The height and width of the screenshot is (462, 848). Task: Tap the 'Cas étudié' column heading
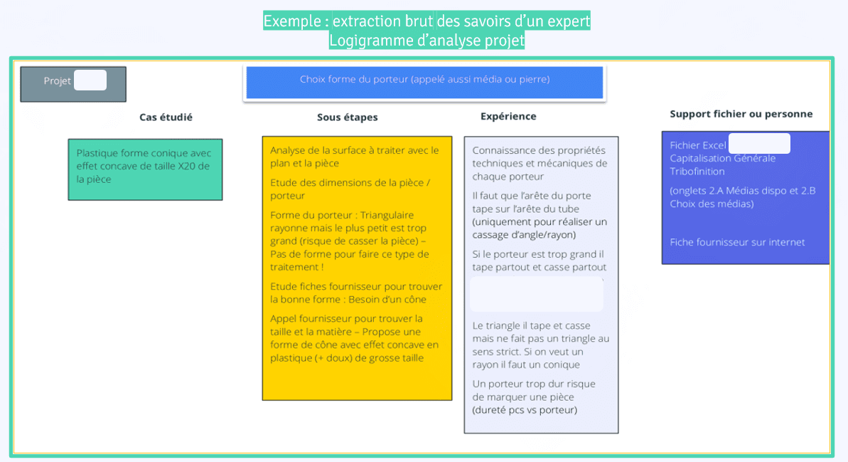click(x=166, y=117)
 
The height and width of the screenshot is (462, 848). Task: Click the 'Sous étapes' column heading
click(x=347, y=117)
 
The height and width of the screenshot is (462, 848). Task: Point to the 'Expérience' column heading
click(x=508, y=117)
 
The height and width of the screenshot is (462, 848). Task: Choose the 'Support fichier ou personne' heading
click(x=741, y=114)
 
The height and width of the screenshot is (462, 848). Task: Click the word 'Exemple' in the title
click(x=291, y=21)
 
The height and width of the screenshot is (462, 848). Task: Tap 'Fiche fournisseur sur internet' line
click(x=737, y=242)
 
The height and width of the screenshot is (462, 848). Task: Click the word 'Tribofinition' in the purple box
click(x=697, y=172)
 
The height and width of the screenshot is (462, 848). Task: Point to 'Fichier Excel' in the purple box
click(x=697, y=145)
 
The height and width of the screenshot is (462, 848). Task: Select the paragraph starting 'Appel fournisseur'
click(x=354, y=338)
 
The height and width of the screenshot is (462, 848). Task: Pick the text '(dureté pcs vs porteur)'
click(x=525, y=410)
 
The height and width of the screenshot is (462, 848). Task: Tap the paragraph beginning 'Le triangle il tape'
click(x=540, y=345)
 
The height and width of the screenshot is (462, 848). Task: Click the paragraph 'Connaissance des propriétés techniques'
click(x=540, y=163)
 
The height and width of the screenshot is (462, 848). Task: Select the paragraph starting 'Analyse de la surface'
click(x=354, y=157)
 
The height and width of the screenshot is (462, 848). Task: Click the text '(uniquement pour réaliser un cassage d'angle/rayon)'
click(x=540, y=229)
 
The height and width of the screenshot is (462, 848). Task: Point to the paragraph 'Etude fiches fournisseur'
click(x=355, y=293)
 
